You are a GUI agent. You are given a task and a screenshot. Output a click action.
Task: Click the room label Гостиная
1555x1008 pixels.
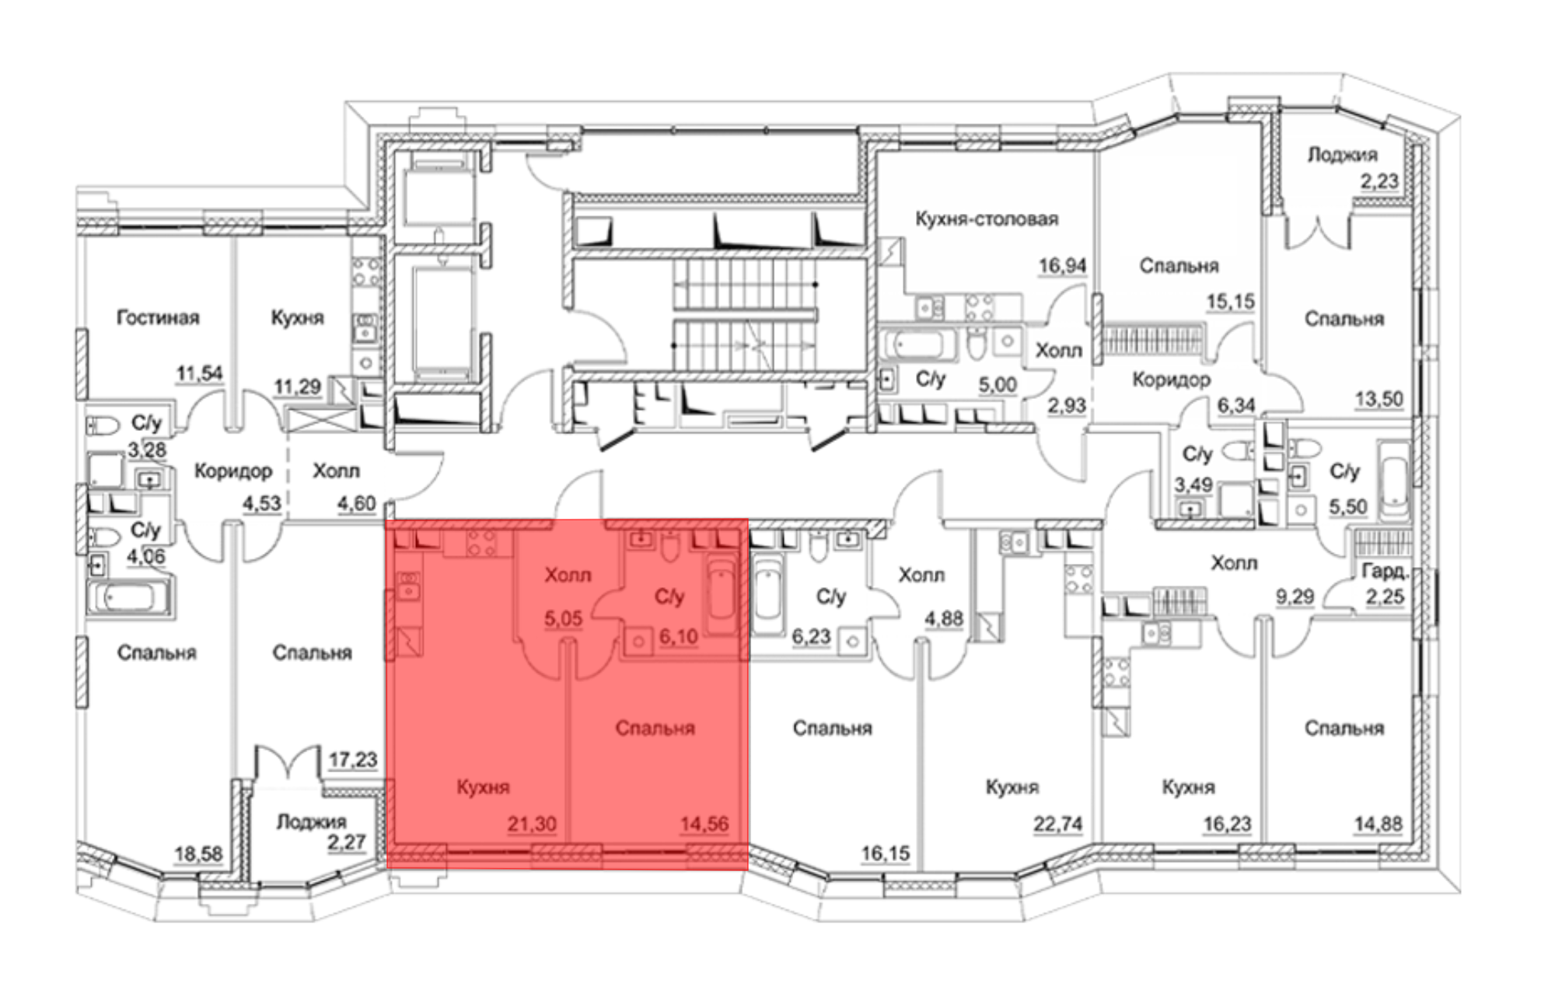pos(158,317)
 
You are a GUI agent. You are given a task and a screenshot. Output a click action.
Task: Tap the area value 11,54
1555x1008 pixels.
pos(199,373)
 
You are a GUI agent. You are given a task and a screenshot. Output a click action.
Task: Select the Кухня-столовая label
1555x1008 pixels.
pos(987,219)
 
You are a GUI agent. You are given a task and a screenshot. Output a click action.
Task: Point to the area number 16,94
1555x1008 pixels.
pos(1062,266)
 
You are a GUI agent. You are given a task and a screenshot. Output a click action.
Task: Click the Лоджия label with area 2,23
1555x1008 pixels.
pos(1343,155)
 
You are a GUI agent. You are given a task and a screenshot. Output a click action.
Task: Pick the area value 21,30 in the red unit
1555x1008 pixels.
pos(532,824)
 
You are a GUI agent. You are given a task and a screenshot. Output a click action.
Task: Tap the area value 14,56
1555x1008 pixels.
pos(704,824)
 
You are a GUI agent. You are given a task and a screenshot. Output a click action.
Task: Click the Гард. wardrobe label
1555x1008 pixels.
pos(1385,572)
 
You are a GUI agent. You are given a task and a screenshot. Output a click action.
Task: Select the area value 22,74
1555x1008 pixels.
pos(1057,824)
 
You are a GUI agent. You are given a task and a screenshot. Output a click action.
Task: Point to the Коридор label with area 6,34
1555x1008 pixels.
pos(1171,380)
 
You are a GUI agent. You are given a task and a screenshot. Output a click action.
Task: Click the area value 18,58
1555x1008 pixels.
pos(198,854)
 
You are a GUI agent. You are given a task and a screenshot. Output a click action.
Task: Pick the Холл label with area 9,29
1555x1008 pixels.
pos(1234,562)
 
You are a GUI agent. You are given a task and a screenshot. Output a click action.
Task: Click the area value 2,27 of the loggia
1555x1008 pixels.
pos(346,842)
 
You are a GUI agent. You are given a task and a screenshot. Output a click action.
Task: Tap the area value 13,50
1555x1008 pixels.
pos(1379,400)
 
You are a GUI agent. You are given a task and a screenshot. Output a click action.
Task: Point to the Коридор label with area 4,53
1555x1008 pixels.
pos(233,471)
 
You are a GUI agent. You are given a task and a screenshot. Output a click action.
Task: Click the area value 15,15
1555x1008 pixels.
pos(1231,302)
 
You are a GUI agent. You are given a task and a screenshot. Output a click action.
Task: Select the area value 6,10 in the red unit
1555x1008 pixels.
pos(679,637)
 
